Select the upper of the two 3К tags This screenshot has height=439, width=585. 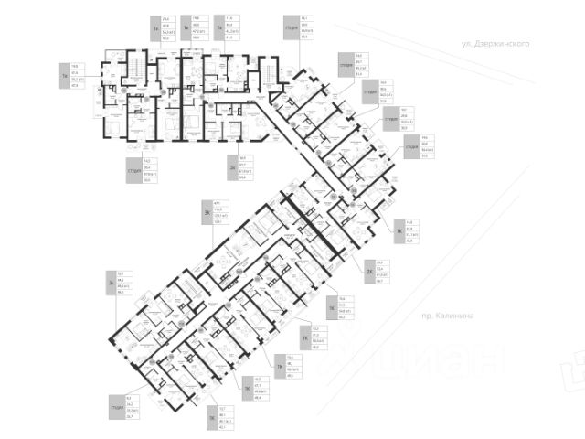click(x=207, y=214)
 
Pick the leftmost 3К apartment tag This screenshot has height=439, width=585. click(x=110, y=284)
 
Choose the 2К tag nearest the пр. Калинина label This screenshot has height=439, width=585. click(x=369, y=272)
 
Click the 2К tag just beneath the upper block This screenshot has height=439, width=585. click(x=233, y=168)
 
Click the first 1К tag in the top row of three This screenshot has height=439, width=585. click(x=156, y=29)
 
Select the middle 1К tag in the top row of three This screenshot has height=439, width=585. click(x=185, y=29)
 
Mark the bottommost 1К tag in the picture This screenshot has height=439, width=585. click(x=211, y=422)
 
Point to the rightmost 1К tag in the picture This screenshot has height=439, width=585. click(x=399, y=231)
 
